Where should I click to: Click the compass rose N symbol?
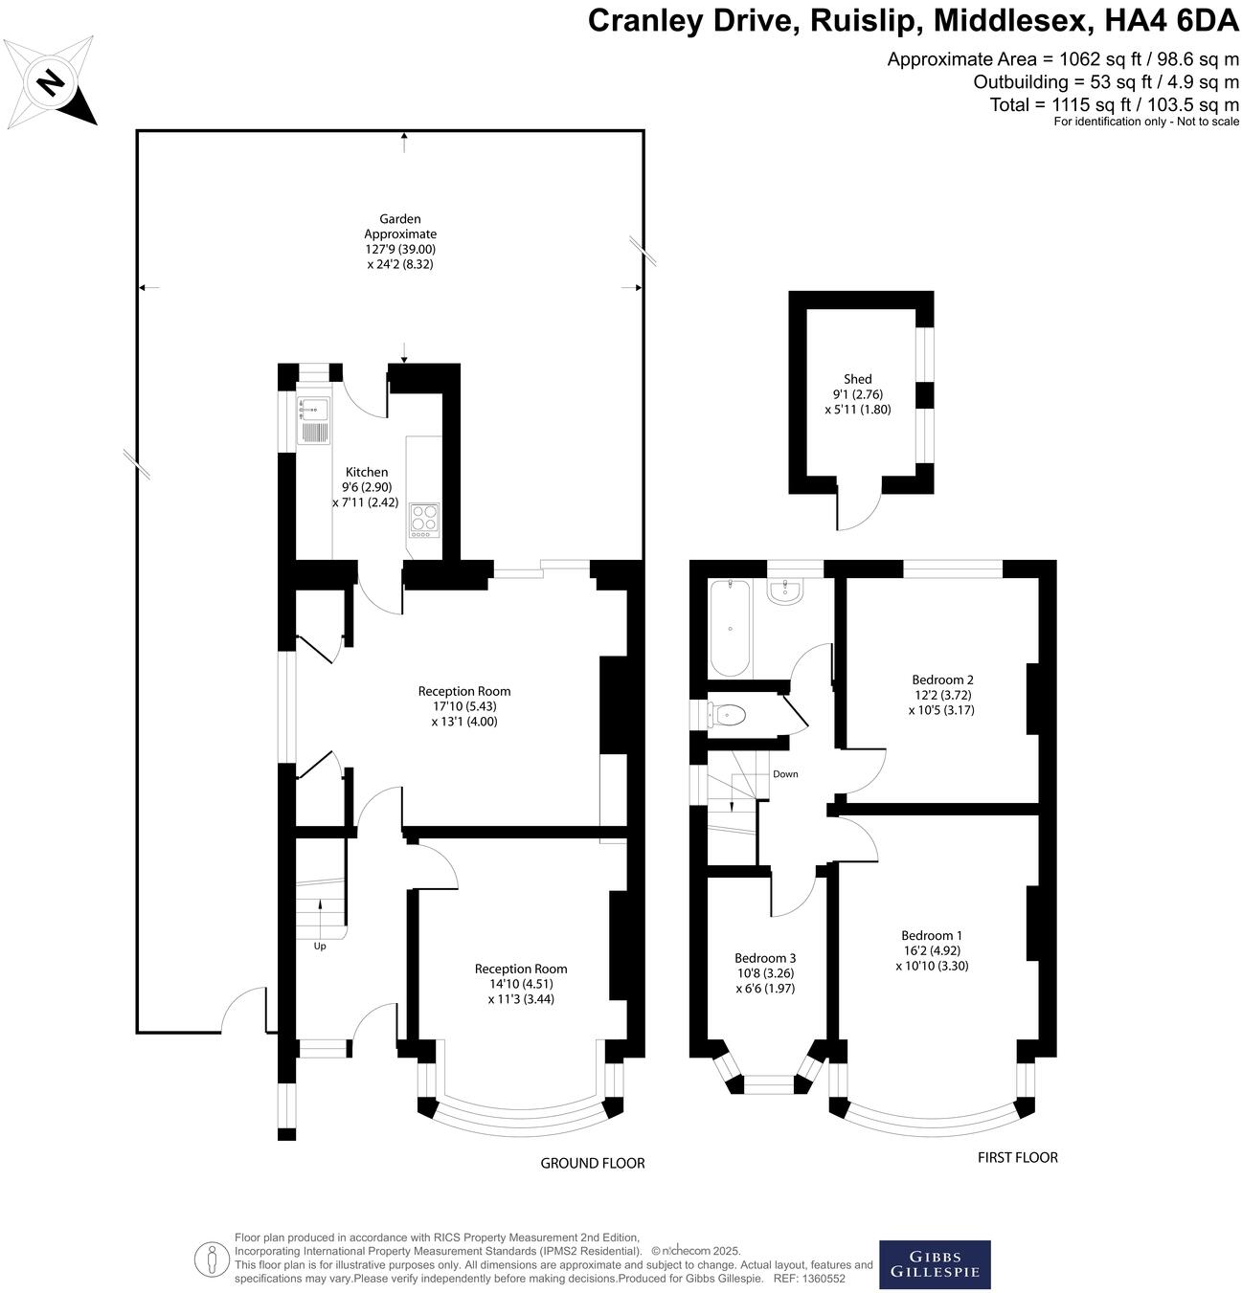pyautogui.click(x=51, y=82)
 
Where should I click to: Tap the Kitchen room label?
pyautogui.click(x=367, y=472)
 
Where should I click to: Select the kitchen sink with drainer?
pyautogui.click(x=313, y=421)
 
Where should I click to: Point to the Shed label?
pyautogui.click(x=858, y=379)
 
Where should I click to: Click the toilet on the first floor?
pyautogui.click(x=728, y=714)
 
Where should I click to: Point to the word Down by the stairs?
pyautogui.click(x=785, y=774)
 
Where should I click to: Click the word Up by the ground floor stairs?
pyautogui.click(x=320, y=947)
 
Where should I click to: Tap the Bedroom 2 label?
pyautogui.click(x=943, y=680)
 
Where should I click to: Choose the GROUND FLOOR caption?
pyautogui.click(x=593, y=1164)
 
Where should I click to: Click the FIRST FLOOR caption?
pyautogui.click(x=1017, y=1158)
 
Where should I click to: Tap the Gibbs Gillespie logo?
pyautogui.click(x=935, y=1264)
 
